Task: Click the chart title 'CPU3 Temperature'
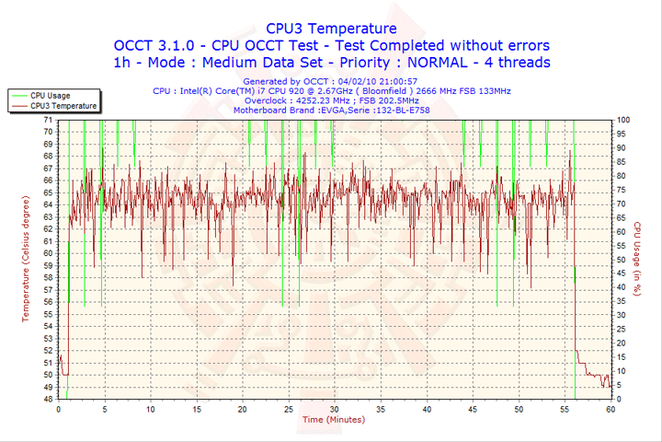click(331, 29)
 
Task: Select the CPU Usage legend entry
click(50, 96)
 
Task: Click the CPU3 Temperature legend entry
click(63, 106)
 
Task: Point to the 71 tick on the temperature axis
click(48, 121)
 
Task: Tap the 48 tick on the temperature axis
click(48, 399)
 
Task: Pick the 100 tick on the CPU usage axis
click(623, 121)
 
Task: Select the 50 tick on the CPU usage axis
click(622, 260)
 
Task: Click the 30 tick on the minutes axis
click(334, 409)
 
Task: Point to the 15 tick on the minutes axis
click(196, 409)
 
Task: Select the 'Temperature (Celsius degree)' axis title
click(26, 259)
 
